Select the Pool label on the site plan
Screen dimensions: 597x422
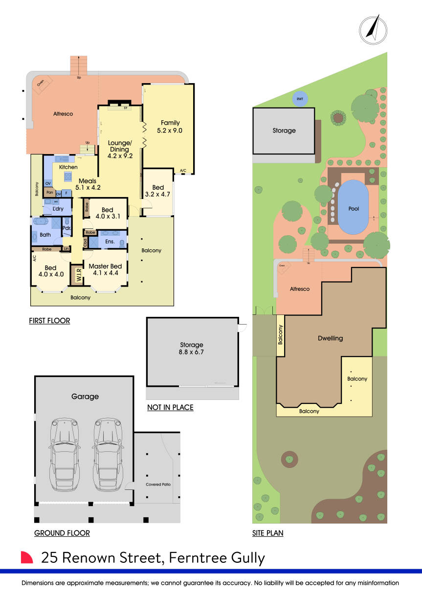[x=354, y=209]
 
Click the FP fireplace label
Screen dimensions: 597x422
[x=125, y=108]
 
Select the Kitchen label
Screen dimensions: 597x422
[x=68, y=167]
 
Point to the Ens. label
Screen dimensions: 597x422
[x=110, y=242]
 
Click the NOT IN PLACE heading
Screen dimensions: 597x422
[x=170, y=407]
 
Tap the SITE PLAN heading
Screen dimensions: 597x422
[x=267, y=533]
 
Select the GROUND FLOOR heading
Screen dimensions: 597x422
[x=62, y=533]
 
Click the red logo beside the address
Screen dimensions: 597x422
[x=27, y=558]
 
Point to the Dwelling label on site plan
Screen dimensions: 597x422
[x=330, y=338]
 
